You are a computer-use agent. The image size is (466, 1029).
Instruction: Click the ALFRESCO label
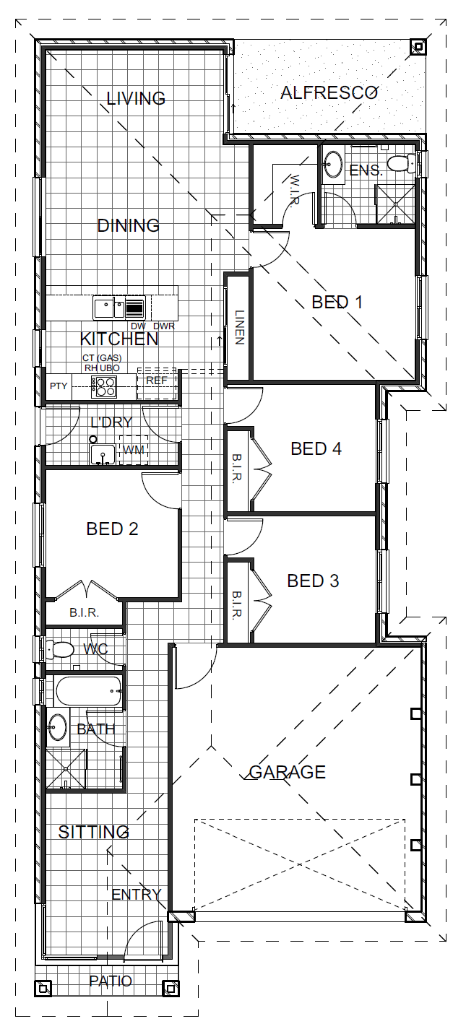(329, 93)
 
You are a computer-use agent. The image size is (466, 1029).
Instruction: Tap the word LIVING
(136, 98)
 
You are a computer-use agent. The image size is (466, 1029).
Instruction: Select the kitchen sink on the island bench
(119, 308)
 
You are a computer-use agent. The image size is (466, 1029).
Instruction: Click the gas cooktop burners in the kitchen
(104, 386)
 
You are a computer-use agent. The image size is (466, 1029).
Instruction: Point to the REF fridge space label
(156, 381)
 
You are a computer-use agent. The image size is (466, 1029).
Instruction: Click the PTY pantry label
(59, 386)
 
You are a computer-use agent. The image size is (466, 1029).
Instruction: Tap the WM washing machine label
(134, 450)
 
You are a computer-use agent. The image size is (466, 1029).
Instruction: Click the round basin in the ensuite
(332, 162)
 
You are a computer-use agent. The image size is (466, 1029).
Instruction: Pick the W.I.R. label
(295, 191)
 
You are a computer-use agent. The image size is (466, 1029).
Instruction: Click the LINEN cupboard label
(239, 327)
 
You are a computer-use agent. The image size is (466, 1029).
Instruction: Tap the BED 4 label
(316, 448)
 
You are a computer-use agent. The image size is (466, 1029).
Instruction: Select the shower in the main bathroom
(66, 769)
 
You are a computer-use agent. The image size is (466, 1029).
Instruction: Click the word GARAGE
(288, 772)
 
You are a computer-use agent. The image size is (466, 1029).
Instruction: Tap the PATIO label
(111, 981)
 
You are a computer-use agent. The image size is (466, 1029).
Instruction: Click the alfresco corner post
(418, 47)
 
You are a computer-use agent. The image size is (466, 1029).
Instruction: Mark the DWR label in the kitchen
(164, 326)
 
